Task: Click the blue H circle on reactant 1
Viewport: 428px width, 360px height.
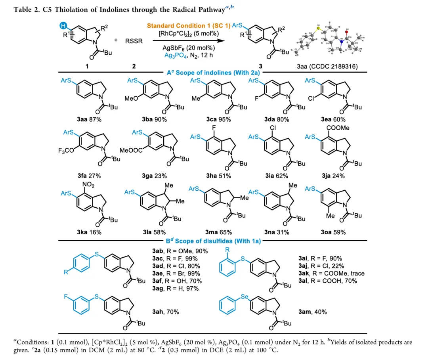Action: [63, 26]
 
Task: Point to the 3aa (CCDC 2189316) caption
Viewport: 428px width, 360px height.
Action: [327, 67]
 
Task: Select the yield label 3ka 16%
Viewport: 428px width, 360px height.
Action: [89, 232]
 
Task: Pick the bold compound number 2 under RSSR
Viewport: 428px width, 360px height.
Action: [134, 66]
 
